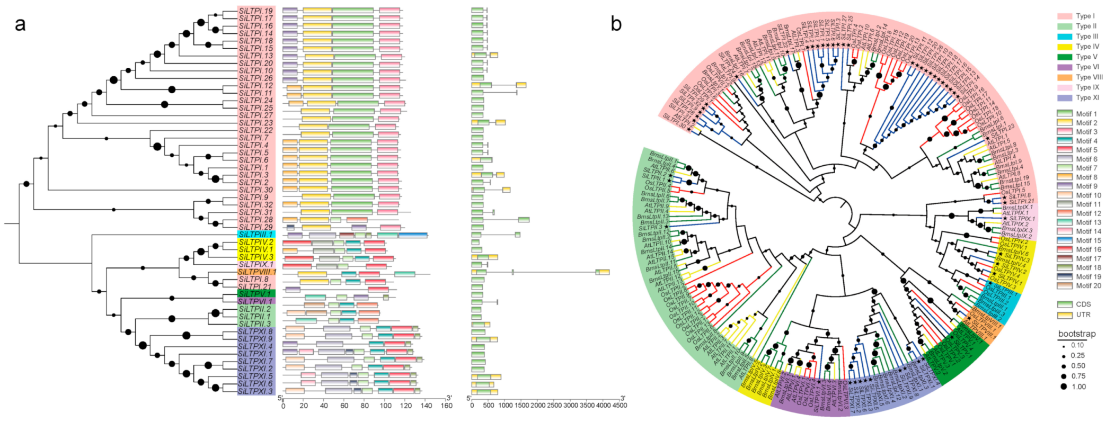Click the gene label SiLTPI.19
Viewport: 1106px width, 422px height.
[x=256, y=11]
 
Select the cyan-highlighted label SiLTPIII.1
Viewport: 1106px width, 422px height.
[x=256, y=234]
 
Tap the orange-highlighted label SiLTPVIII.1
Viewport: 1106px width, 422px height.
[x=257, y=272]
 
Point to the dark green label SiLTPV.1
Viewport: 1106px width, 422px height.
[x=256, y=294]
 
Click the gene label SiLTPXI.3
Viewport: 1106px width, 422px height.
[x=255, y=391]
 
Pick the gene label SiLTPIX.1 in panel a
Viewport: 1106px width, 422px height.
[x=256, y=264]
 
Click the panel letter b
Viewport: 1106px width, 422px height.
[x=616, y=24]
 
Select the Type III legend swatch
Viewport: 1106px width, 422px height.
[x=1065, y=37]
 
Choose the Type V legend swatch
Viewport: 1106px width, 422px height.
[x=1065, y=57]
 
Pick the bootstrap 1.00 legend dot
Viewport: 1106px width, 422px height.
[x=1064, y=387]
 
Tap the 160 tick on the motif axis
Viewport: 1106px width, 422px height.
[x=446, y=406]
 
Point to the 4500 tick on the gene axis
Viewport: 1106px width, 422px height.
[x=619, y=406]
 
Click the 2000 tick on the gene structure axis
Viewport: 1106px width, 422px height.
[x=537, y=406]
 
